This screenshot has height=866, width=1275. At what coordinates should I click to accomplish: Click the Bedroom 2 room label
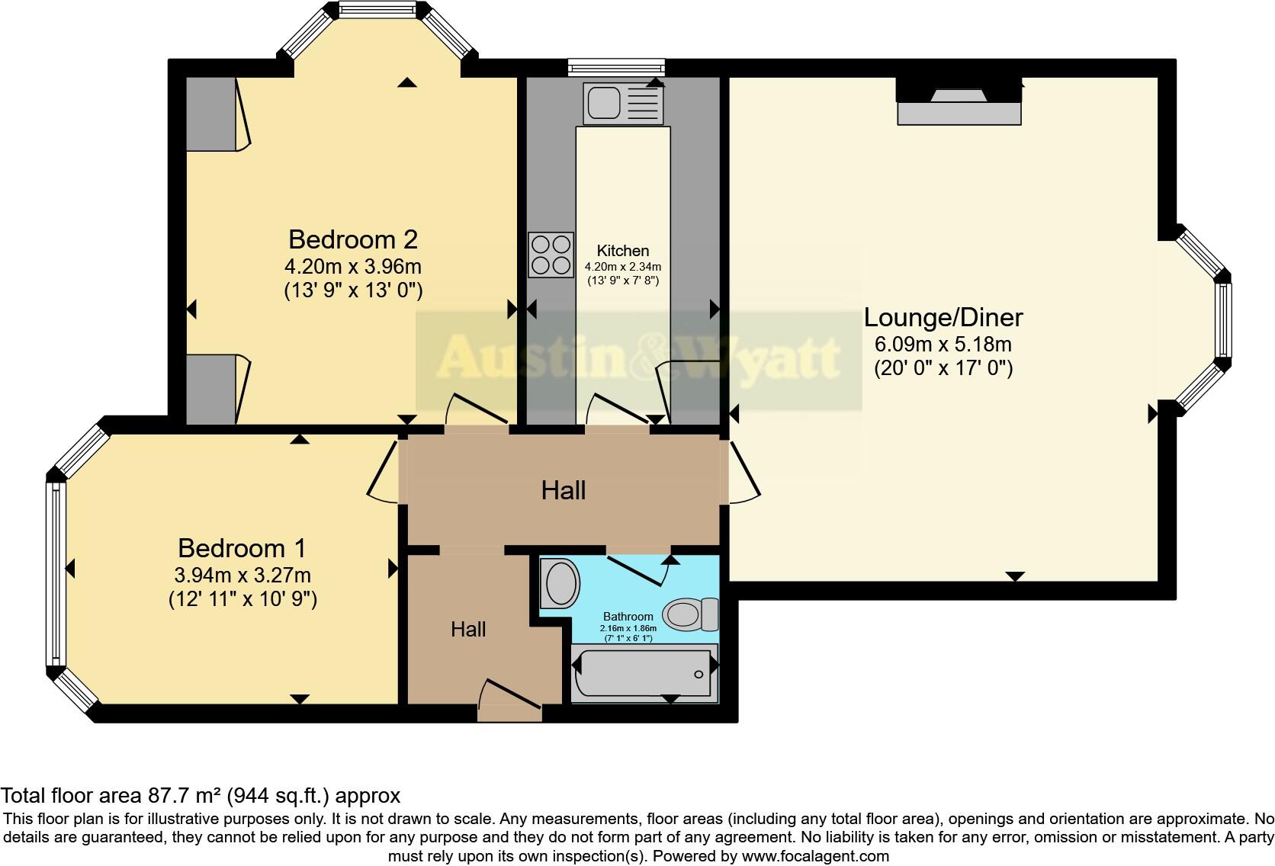pyautogui.click(x=353, y=239)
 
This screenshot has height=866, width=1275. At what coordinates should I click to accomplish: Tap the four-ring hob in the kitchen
pyautogui.click(x=551, y=255)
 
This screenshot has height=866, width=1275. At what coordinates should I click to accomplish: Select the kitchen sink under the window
pyautogui.click(x=622, y=103)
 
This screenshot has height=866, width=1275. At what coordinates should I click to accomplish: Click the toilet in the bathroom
pyautogui.click(x=689, y=614)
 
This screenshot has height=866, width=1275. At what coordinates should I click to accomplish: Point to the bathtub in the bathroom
pyautogui.click(x=644, y=672)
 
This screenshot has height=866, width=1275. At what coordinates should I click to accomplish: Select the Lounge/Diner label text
pyautogui.click(x=943, y=317)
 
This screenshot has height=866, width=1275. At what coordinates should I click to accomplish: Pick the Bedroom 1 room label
pyautogui.click(x=242, y=548)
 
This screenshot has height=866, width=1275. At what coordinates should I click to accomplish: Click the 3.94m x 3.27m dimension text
pyautogui.click(x=242, y=575)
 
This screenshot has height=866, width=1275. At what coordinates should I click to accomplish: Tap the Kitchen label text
pyautogui.click(x=623, y=251)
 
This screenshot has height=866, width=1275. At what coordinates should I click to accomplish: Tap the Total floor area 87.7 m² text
pyautogui.click(x=200, y=796)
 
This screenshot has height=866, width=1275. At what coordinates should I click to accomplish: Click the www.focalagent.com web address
pyautogui.click(x=815, y=856)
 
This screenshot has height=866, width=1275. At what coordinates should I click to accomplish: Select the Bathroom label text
pyautogui.click(x=628, y=617)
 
